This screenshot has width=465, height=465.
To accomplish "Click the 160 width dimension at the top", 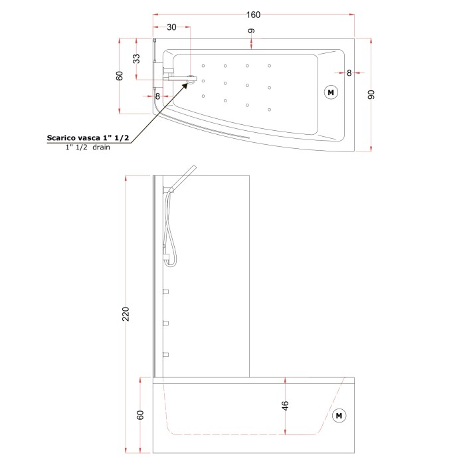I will point(253,15).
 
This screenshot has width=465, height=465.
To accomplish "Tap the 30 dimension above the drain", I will point(171,28).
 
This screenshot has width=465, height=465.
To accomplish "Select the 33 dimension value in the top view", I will point(137,58).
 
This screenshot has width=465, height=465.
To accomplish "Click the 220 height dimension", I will point(126,313).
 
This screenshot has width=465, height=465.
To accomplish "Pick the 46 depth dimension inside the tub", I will point(285,406).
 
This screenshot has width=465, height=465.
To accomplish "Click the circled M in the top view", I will point(330,92).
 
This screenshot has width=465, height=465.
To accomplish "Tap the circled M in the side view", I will point(339,415).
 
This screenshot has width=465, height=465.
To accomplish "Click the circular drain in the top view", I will point(191,80).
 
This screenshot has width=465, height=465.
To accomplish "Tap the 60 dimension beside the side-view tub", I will point(140,415).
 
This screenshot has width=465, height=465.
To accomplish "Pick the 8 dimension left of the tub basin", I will point(157,96).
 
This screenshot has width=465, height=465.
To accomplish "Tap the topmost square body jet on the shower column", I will point(166,291).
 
